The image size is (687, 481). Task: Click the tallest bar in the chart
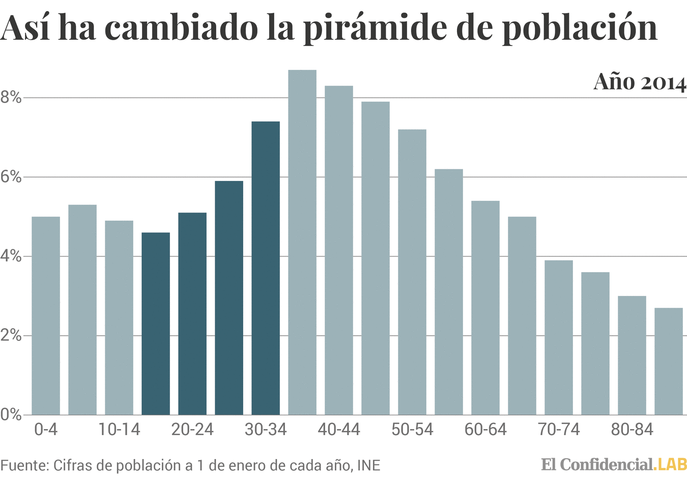pyautogui.click(x=302, y=243)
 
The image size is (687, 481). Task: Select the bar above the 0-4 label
pyautogui.click(x=46, y=316)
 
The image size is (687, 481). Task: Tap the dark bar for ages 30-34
pyautogui.click(x=266, y=268)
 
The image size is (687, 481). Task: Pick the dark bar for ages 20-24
pyautogui.click(x=192, y=313)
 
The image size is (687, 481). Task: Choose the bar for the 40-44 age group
pyautogui.click(x=339, y=250)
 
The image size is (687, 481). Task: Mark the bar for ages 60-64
pyautogui.click(x=485, y=308)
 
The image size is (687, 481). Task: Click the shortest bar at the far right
pyautogui.click(x=669, y=361)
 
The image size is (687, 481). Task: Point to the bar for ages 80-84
pyautogui.click(x=632, y=355)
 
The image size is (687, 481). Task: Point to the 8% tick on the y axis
pyautogui.click(x=11, y=97)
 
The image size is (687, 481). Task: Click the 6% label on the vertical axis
pyautogui.click(x=11, y=177)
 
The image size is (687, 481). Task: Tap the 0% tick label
pyautogui.click(x=11, y=415)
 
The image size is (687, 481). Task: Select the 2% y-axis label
pyautogui.click(x=11, y=335)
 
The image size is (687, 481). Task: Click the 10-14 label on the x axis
pyautogui.click(x=119, y=430)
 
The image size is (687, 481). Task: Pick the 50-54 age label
pyautogui.click(x=412, y=430)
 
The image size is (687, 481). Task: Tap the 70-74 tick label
pyautogui.click(x=559, y=430)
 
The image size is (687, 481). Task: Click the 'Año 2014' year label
pyautogui.click(x=640, y=83)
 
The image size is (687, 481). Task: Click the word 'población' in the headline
pyautogui.click(x=580, y=28)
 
